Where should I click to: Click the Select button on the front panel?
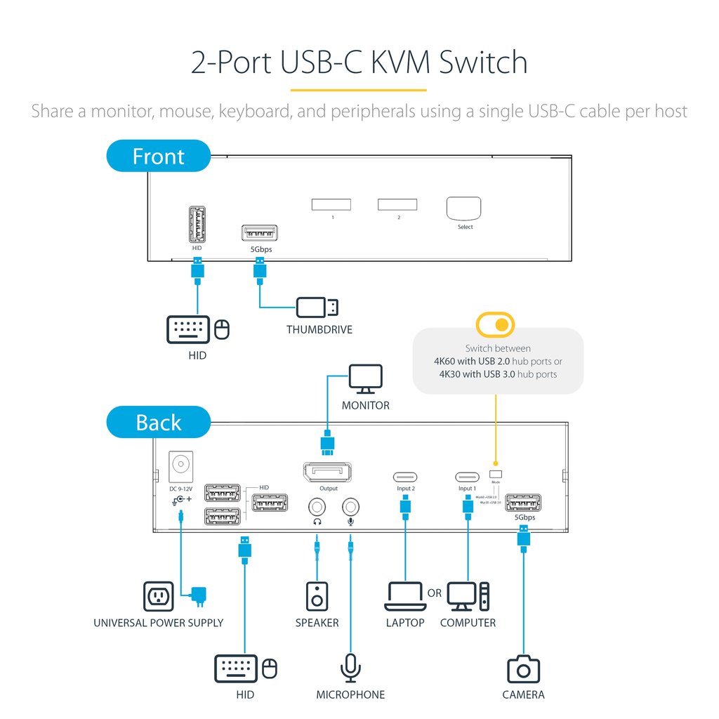tap(464, 209)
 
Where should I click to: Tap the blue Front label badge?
tap(159, 156)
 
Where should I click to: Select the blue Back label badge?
tap(159, 423)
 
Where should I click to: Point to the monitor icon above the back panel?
tap(366, 379)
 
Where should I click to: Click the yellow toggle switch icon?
tap(495, 324)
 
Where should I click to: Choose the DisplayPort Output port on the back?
tap(328, 473)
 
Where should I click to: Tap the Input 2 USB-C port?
tap(404, 476)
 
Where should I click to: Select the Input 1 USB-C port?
tap(467, 476)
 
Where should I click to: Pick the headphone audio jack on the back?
tap(317, 506)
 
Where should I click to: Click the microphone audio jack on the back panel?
tap(350, 506)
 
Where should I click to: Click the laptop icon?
tap(405, 596)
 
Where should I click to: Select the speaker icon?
tap(317, 596)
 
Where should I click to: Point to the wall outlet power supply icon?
tap(158, 596)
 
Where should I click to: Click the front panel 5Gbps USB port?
tap(259, 233)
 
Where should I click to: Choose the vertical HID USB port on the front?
tap(197, 224)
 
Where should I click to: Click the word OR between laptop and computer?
tap(435, 593)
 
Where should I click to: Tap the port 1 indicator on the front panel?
tap(331, 204)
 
